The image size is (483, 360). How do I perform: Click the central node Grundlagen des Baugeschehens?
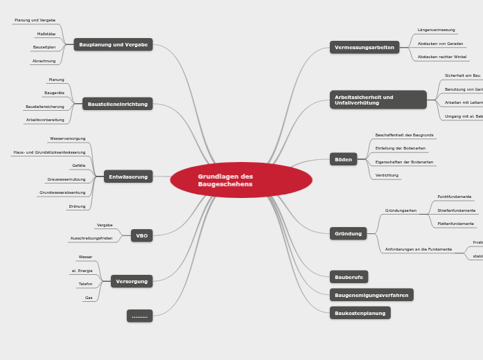pyautogui.click(x=240, y=180)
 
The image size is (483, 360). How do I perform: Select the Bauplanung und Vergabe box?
pyautogui.click(x=113, y=44)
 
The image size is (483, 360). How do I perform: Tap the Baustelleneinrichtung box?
pyautogui.click(x=118, y=104)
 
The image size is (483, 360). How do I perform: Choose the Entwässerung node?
pyautogui.click(x=128, y=177)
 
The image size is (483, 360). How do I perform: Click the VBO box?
pyautogui.click(x=141, y=235)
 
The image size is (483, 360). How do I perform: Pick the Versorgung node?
pyautogui.click(x=132, y=281)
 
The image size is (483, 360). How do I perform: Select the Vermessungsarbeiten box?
pyautogui.click(x=365, y=47)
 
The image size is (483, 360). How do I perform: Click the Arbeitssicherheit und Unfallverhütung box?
pyautogui.click(x=378, y=100)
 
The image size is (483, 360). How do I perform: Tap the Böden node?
pyautogui.click(x=343, y=159)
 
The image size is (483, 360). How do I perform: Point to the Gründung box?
pyautogui.click(x=348, y=233)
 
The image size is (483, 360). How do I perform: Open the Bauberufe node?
pyautogui.click(x=349, y=277)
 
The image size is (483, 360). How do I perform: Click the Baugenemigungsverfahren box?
pyautogui.click(x=371, y=295)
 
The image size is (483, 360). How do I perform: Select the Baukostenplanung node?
pyautogui.click(x=360, y=313)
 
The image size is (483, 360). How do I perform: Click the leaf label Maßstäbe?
pyautogui.click(x=46, y=33)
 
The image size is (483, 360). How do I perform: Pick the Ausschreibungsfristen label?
pyautogui.click(x=91, y=238)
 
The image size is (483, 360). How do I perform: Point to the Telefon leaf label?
pyautogui.click(x=85, y=284)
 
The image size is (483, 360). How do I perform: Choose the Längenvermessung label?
pyautogui.click(x=436, y=30)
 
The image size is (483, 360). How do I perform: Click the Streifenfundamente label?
pyautogui.click(x=456, y=210)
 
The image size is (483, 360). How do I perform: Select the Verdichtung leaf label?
pyautogui.click(x=387, y=175)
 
